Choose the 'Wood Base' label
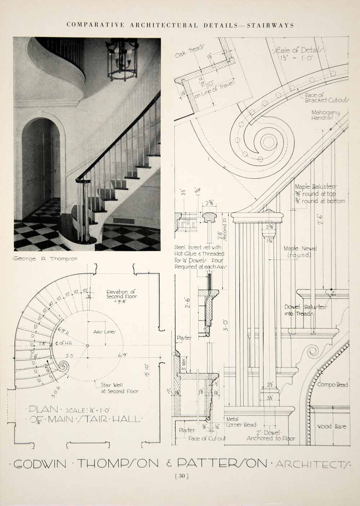click(332, 427)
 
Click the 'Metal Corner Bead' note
click(241, 422)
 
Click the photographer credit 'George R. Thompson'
click(45, 259)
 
